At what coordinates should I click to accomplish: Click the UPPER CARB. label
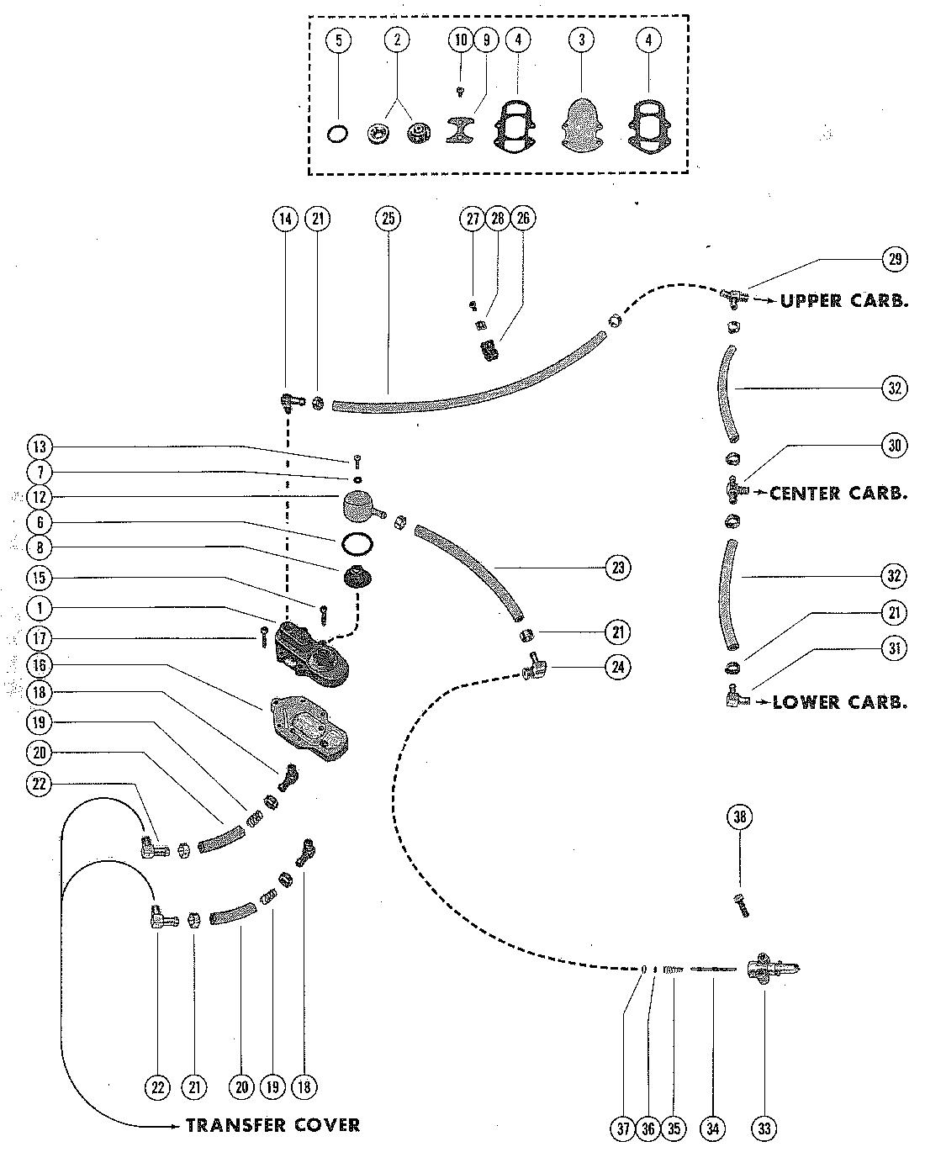click(x=843, y=301)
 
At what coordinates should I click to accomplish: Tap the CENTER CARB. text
click(x=838, y=493)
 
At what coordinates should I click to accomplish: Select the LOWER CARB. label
click(x=839, y=701)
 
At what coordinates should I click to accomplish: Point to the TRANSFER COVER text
click(x=272, y=1125)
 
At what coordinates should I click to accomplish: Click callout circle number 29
click(x=894, y=259)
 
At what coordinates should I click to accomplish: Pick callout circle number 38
click(x=740, y=817)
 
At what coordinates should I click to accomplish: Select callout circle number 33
click(x=764, y=1128)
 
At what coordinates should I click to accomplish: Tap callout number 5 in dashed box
click(x=338, y=40)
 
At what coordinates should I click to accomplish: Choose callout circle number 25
click(x=388, y=219)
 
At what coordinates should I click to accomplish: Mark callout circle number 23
click(x=618, y=568)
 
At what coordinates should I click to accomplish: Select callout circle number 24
click(x=618, y=667)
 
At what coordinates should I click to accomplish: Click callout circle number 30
click(x=894, y=446)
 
